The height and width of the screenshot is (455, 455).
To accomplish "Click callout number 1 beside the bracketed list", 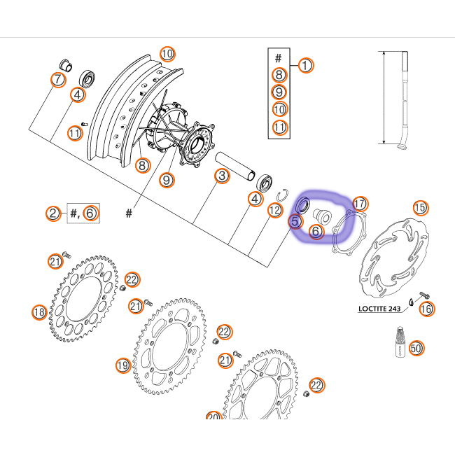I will pyautogui.click(x=306, y=65).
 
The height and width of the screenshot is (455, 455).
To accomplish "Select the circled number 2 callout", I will pyautogui.click(x=54, y=213).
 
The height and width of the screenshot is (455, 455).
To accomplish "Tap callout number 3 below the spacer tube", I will pyautogui.click(x=220, y=176).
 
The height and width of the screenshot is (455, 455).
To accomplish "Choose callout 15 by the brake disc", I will pyautogui.click(x=420, y=207).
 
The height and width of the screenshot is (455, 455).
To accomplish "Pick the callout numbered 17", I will pyautogui.click(x=359, y=204).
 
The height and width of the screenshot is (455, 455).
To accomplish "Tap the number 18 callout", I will pyautogui.click(x=39, y=312).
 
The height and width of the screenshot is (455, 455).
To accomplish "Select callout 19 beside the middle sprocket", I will pyautogui.click(x=123, y=365).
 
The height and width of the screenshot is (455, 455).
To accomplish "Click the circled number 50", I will pyautogui.click(x=416, y=348).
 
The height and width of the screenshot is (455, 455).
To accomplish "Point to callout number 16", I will pyautogui.click(x=426, y=308).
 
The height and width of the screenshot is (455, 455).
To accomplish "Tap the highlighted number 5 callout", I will pyautogui.click(x=295, y=221).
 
